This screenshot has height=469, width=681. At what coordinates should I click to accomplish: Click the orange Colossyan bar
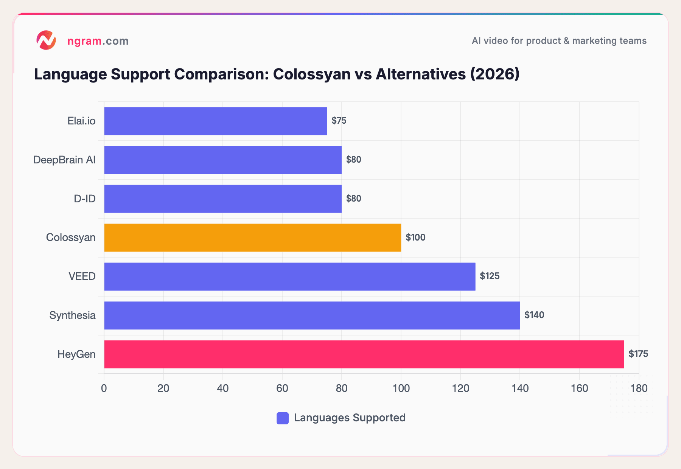tap(252, 238)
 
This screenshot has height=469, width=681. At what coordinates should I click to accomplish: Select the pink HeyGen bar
tap(364, 354)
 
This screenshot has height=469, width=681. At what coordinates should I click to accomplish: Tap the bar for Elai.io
tap(215, 121)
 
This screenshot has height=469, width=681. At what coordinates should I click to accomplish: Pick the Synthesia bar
tap(312, 315)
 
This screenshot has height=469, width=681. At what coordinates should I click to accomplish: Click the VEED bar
tap(289, 276)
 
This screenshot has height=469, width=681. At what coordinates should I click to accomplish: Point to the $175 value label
tap(638, 354)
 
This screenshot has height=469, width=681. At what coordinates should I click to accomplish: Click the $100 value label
tap(415, 238)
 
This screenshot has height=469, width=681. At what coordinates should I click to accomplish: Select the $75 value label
tap(339, 121)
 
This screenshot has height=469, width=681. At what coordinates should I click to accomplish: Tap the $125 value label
tap(490, 276)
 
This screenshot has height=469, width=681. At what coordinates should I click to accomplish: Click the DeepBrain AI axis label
tap(64, 160)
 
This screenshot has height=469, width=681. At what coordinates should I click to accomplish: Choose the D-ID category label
tap(85, 199)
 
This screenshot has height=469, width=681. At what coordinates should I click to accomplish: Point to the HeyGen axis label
tap(76, 354)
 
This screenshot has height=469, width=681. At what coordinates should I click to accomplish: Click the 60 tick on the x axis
tap(282, 388)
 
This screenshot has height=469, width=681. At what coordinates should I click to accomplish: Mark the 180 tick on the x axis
tap(639, 388)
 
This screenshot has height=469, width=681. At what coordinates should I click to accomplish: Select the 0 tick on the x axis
tap(104, 388)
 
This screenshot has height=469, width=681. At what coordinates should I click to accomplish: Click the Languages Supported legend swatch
tap(283, 418)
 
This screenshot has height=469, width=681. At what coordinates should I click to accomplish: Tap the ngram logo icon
tap(46, 40)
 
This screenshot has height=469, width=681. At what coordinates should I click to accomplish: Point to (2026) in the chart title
tap(495, 74)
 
